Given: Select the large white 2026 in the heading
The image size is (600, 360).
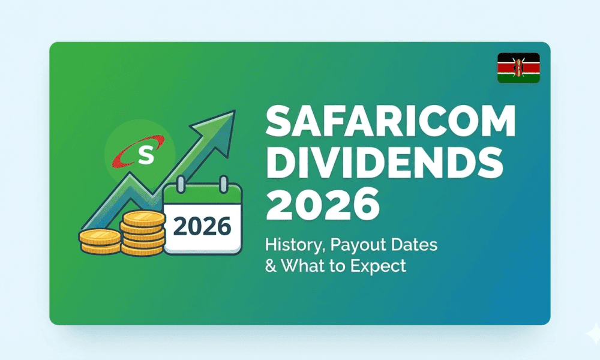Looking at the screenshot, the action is click(323, 203).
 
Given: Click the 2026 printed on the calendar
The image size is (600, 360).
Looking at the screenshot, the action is click(202, 226).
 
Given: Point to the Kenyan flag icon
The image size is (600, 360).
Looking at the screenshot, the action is click(518, 68).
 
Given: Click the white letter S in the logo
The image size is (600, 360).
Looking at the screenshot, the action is click(145, 155).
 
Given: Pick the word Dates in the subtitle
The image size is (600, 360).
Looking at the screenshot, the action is click(409, 244).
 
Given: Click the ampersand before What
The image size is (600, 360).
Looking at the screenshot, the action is click(271, 266).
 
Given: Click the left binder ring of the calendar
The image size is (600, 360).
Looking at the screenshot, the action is click(181, 184).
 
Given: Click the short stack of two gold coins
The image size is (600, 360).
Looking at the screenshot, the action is click(100, 242).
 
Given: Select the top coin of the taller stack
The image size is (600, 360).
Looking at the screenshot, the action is click(144, 218).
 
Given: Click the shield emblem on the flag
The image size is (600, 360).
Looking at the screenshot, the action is click(518, 68).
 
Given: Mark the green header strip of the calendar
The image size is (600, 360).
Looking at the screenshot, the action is click(202, 195).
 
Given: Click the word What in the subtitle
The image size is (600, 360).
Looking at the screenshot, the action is click(301, 266).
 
